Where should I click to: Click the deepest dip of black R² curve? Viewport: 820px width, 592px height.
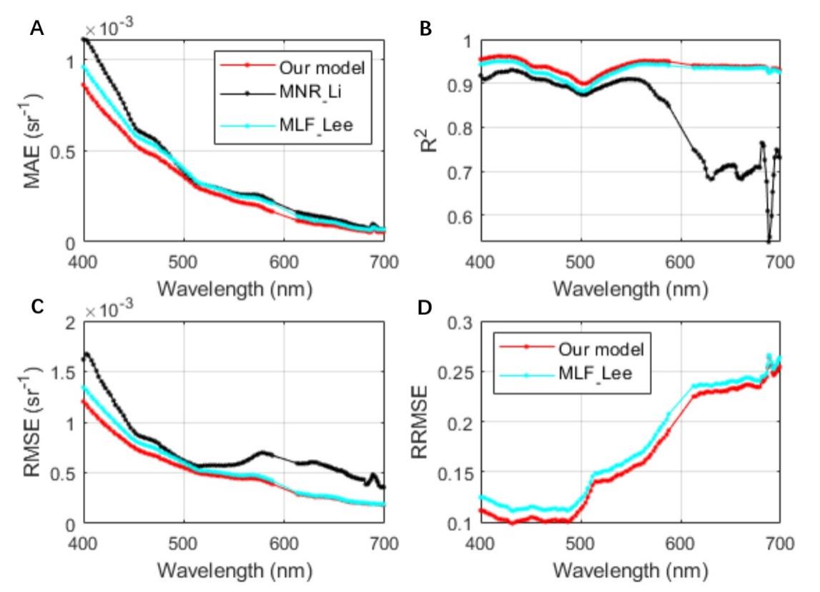[x=769, y=241]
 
